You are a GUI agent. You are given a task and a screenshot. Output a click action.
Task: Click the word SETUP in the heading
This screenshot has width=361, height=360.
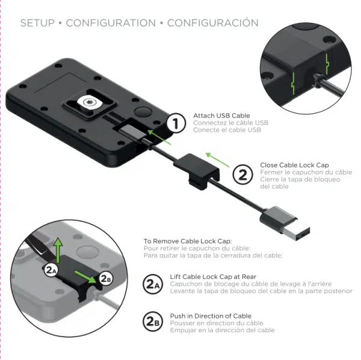37,23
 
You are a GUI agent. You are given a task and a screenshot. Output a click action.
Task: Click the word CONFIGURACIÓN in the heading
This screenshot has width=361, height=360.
213,22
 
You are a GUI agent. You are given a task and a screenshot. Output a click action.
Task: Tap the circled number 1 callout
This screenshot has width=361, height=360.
176,123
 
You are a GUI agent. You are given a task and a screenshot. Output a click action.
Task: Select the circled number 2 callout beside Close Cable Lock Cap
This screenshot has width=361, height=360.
242,175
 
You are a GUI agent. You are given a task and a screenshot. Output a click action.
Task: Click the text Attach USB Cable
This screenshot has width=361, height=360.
221,116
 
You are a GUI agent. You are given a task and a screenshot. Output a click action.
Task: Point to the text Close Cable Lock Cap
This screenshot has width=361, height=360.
294,165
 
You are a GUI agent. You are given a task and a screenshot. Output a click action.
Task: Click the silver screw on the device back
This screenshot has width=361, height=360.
90,102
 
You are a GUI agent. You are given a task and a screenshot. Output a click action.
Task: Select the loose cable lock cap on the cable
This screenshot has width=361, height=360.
196,170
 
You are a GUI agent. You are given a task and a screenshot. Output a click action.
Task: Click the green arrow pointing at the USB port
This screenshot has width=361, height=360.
159,137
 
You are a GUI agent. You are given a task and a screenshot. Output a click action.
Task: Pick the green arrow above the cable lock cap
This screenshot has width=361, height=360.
218,160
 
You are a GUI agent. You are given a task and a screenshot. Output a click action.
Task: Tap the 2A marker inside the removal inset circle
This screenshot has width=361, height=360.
51,270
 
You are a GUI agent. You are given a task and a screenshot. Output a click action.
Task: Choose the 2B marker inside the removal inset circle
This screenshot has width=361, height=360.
106,279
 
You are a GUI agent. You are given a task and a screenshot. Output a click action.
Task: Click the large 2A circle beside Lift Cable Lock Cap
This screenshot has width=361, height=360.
153,284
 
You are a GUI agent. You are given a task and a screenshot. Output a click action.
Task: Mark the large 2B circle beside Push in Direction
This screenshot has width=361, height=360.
153,321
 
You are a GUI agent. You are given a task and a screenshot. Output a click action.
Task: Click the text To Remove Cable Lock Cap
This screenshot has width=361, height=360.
188,241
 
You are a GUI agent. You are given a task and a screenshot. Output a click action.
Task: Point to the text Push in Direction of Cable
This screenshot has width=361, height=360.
211,316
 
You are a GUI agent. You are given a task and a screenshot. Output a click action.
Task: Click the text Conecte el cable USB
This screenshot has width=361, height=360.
227,130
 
